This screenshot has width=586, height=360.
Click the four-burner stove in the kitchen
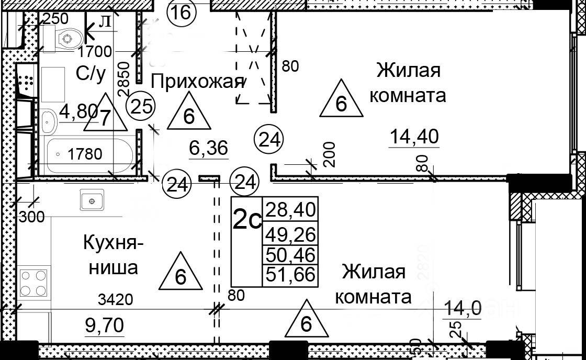34,282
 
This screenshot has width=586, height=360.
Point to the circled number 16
182,11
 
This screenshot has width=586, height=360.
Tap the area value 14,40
414,137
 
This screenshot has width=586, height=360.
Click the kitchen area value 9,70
105,325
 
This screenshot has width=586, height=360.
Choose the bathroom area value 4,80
78,111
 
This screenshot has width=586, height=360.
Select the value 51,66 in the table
291,274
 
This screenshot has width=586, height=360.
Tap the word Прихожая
197,82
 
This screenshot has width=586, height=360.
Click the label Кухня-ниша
110,256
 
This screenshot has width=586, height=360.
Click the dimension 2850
123,78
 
